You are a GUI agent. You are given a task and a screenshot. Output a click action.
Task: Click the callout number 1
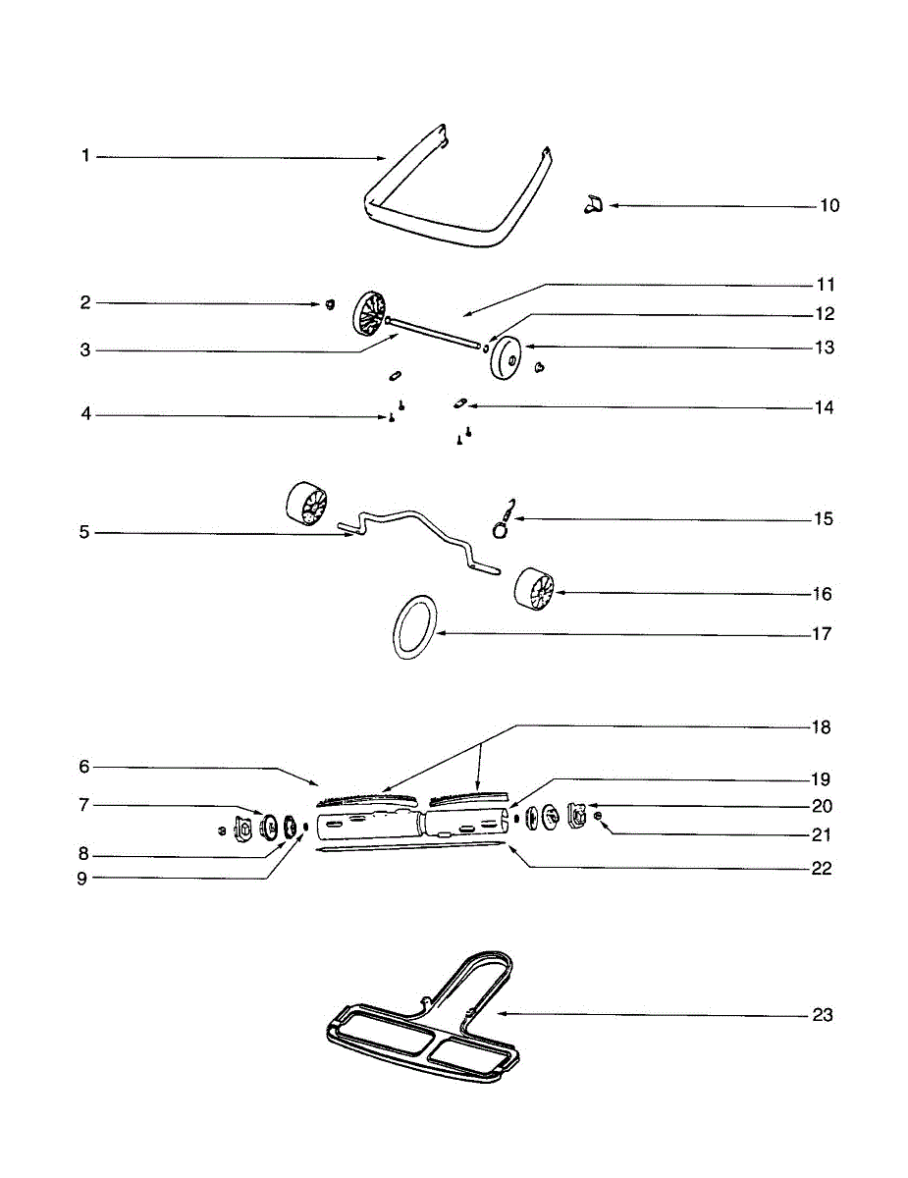pyautogui.click(x=85, y=156)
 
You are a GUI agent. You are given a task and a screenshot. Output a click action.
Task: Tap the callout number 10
pyautogui.click(x=829, y=206)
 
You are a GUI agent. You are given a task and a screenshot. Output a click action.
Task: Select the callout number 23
pyautogui.click(x=823, y=1015)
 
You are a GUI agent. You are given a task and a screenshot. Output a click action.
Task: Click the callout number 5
pyautogui.click(x=84, y=533)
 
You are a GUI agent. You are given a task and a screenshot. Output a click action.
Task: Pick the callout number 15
pyautogui.click(x=823, y=518)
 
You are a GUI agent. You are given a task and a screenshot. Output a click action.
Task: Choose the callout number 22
pyautogui.click(x=822, y=869)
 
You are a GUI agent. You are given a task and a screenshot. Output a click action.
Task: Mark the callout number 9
pyautogui.click(x=83, y=879)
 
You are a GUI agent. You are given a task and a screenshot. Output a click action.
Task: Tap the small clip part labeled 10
pyautogui.click(x=591, y=204)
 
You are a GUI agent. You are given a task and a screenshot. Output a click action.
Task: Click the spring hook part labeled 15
pyautogui.click(x=503, y=518)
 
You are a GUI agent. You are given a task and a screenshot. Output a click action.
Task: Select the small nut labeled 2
pyautogui.click(x=331, y=304)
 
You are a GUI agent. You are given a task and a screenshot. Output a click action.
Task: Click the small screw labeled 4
pyautogui.click(x=392, y=418)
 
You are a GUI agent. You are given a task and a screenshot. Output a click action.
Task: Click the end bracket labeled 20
pyautogui.click(x=577, y=812)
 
